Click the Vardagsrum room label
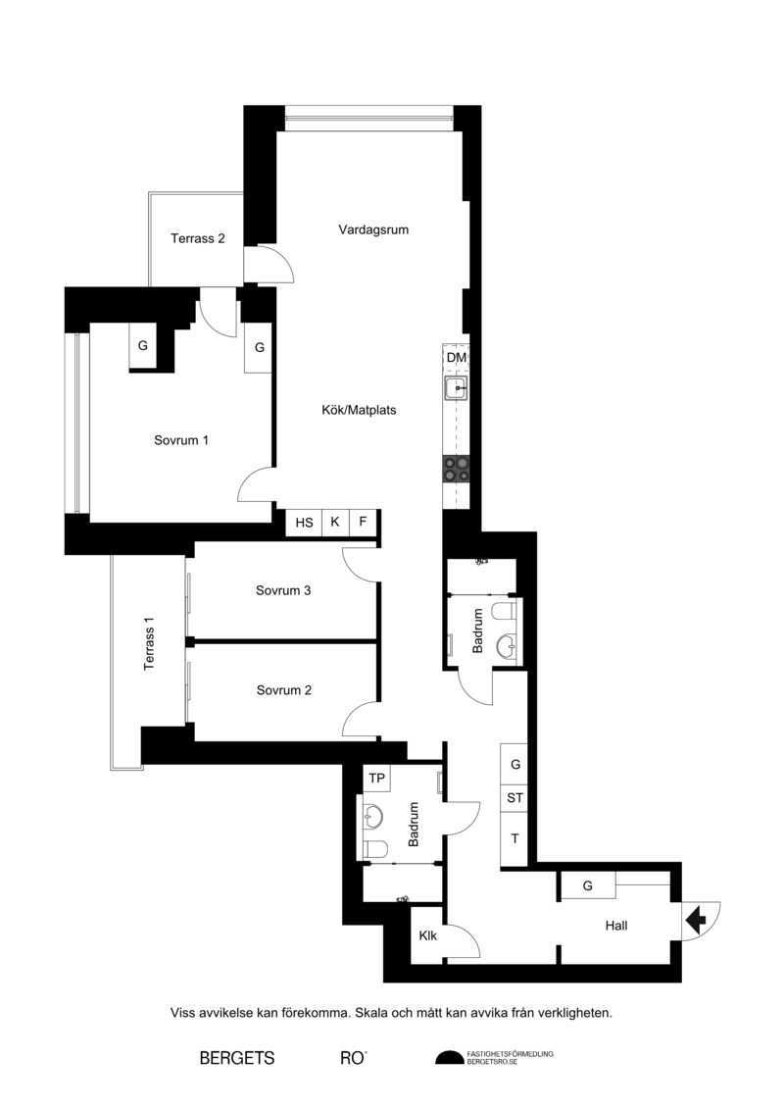[373, 229]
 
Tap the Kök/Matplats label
[359, 410]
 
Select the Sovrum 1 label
[181, 440]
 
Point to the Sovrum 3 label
[283, 590]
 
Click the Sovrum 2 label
[283, 690]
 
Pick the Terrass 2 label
[197, 238]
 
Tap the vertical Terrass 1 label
[148, 643]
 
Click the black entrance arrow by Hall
[696, 920]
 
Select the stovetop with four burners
[456, 469]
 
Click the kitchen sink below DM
[456, 387]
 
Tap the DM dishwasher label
[457, 358]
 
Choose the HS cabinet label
[304, 523]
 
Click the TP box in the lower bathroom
[376, 779]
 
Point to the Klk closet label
[427, 935]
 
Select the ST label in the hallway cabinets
[514, 798]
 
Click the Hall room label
[615, 925]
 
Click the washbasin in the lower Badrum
[373, 818]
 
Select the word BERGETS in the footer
[237, 1058]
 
